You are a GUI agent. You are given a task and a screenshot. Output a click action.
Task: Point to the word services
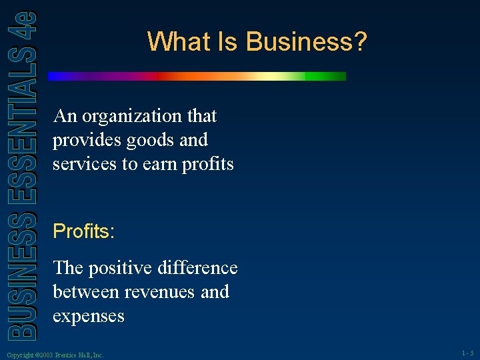point(85,164)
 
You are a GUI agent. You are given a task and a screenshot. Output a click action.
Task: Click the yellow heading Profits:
point(84,232)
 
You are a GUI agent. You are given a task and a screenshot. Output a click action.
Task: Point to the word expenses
point(88,315)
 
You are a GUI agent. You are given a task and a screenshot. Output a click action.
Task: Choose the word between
point(82,292)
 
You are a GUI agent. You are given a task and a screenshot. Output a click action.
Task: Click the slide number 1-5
point(467,355)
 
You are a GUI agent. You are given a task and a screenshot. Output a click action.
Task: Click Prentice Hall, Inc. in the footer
point(79,355)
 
